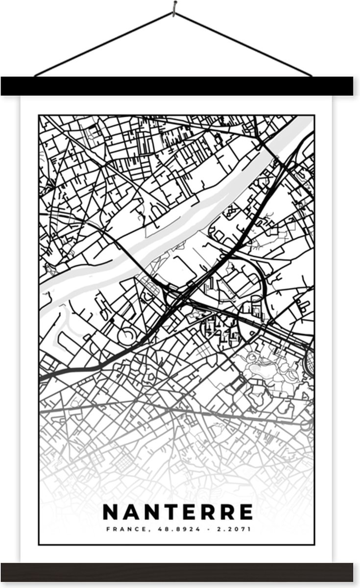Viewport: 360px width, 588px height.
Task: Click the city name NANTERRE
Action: pyautogui.click(x=178, y=512)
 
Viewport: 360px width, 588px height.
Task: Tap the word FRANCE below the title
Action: pyautogui.click(x=119, y=529)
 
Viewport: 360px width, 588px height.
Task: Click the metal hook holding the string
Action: pyautogui.click(x=175, y=7)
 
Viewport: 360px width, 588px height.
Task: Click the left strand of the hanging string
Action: pyautogui.click(x=103, y=44)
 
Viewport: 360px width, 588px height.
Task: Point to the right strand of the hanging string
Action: pyautogui.click(x=245, y=44)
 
